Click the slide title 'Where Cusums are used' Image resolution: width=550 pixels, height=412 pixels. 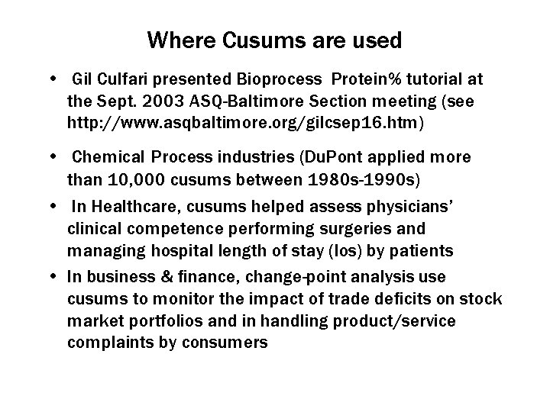[x=274, y=40]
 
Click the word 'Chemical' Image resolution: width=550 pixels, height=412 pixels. [x=105, y=157]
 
